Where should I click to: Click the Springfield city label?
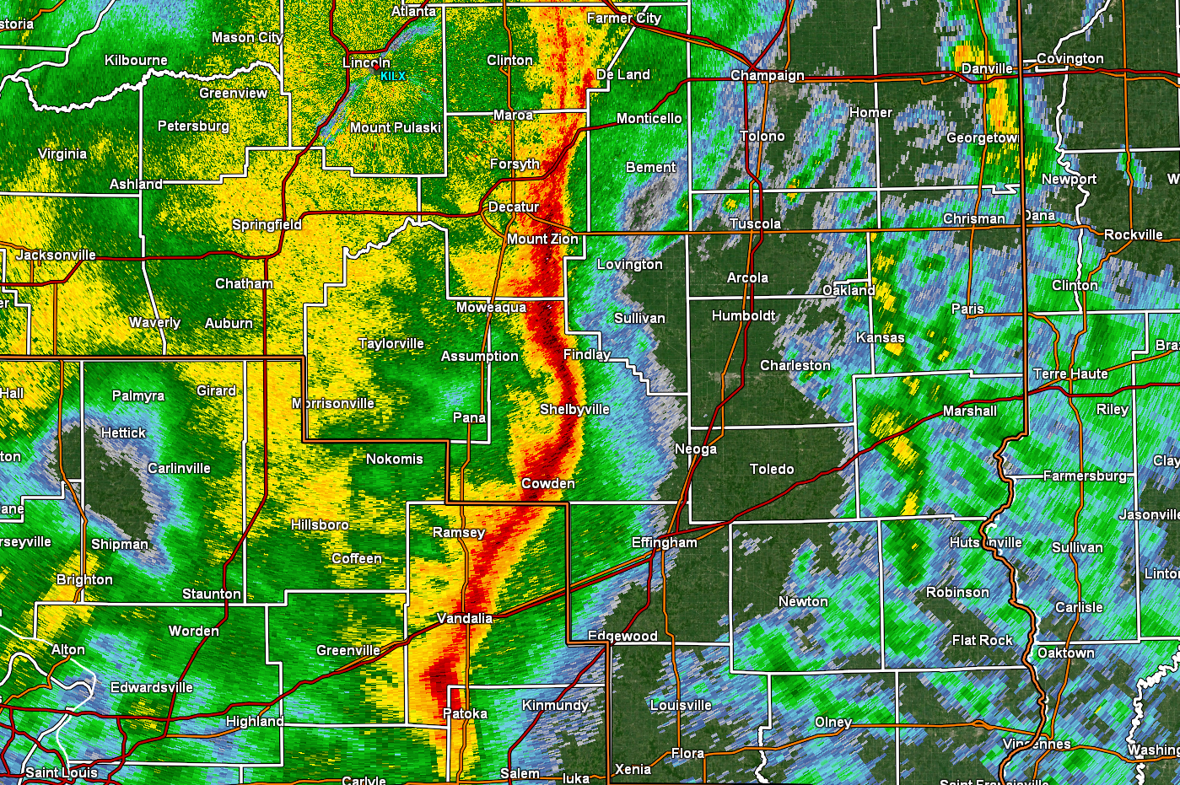[x=267, y=224]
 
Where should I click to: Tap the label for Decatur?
[x=514, y=207]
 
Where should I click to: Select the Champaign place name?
[x=767, y=75]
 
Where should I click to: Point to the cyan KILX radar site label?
[x=392, y=76]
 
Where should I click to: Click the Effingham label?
[x=664, y=542]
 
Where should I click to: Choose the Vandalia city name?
[x=464, y=618]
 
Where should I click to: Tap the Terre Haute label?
[x=1070, y=374]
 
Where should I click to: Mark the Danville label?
[x=987, y=68]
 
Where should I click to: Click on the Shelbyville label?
[x=574, y=409]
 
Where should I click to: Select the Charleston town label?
[x=795, y=365]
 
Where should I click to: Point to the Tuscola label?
[x=755, y=223]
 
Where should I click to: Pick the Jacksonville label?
[x=56, y=255]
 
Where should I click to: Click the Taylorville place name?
[x=391, y=343]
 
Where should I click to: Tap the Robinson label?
[x=957, y=592]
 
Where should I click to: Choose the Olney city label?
[x=832, y=722]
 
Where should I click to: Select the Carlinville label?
[x=179, y=468]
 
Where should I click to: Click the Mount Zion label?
[x=542, y=239]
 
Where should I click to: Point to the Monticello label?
[x=649, y=118]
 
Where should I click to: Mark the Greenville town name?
[x=348, y=650]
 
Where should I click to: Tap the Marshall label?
[x=969, y=411]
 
